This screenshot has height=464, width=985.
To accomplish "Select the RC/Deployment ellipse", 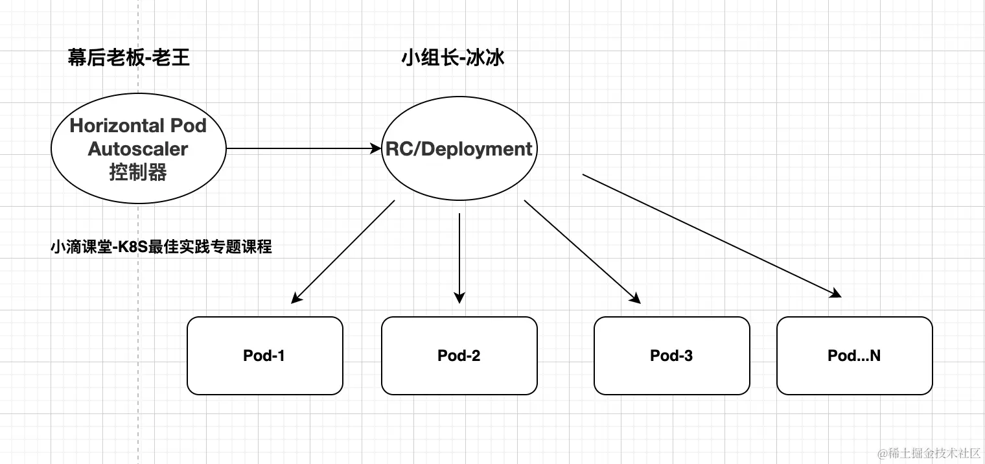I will (x=459, y=149).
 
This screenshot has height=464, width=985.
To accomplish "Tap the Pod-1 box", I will (x=264, y=356).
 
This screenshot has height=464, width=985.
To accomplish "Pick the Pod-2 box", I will (x=459, y=356).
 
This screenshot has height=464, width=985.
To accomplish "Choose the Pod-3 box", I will (x=671, y=356).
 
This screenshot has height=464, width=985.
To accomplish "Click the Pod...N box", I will (x=854, y=356).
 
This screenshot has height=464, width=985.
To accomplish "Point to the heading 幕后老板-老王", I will (x=129, y=58).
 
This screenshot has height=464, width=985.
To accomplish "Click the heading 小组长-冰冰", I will (x=453, y=58).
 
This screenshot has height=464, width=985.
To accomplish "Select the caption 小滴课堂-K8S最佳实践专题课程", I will (x=161, y=247).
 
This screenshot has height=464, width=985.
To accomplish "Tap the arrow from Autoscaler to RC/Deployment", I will (x=298, y=149).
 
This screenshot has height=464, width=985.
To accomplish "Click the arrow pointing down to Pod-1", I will (x=343, y=251).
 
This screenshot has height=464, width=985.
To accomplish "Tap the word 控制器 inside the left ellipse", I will (x=138, y=172).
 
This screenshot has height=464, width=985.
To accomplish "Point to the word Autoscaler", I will (x=138, y=149).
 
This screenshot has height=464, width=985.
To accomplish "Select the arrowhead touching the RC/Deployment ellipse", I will (x=376, y=149).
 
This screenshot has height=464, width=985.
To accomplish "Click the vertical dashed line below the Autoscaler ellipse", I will (x=139, y=324).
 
